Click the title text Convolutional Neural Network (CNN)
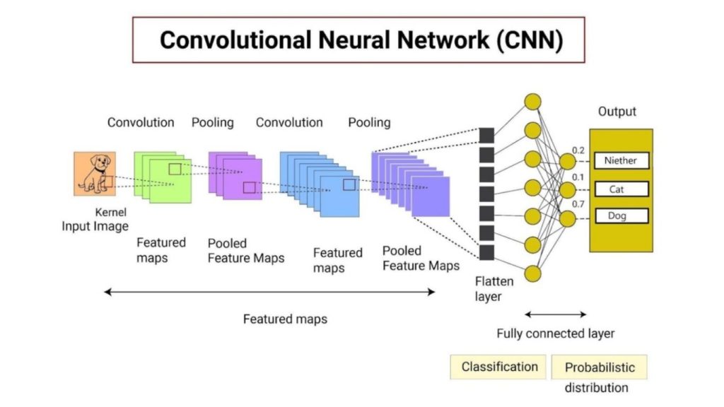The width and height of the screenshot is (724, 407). [x=361, y=40]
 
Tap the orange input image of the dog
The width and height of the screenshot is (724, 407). [x=94, y=174]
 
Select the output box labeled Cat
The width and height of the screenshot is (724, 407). [x=620, y=189]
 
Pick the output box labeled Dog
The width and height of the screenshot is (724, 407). [x=620, y=216]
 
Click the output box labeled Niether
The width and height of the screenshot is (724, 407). [x=620, y=160]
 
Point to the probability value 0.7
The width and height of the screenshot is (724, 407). [x=578, y=204]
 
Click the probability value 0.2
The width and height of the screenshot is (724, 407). [x=578, y=151]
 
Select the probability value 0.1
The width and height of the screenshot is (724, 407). [x=578, y=177]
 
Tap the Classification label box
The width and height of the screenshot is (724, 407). [x=499, y=367]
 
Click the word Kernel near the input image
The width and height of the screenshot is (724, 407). [x=110, y=212]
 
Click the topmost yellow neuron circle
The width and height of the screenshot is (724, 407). [x=532, y=101]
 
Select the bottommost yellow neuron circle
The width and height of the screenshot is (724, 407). [x=532, y=274]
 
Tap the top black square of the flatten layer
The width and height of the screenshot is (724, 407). [x=486, y=135]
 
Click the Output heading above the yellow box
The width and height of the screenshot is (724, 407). [x=617, y=112]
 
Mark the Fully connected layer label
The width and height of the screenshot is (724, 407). [x=555, y=334]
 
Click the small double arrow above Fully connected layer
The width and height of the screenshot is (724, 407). [x=555, y=314]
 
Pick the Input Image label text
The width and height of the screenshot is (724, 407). [x=95, y=226]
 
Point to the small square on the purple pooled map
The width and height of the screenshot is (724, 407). [x=249, y=187]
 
